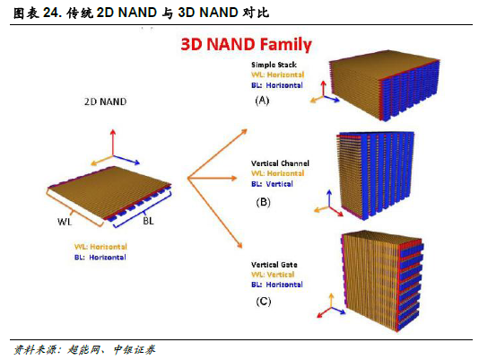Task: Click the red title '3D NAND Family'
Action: (246, 45)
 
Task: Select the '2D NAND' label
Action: (105, 101)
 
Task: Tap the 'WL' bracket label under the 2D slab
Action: (65, 222)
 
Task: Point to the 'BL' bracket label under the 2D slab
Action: (149, 221)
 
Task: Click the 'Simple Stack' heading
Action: (274, 65)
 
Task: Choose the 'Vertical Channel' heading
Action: (280, 163)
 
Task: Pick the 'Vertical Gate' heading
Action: (274, 265)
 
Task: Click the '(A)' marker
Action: (262, 101)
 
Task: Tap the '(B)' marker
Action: (263, 202)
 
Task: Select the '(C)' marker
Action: (264, 302)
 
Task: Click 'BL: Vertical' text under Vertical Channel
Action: (272, 184)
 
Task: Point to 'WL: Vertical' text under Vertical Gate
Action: (273, 275)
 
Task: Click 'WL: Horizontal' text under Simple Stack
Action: (278, 75)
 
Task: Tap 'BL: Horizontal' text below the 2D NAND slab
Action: (100, 258)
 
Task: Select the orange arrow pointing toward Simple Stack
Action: (217, 154)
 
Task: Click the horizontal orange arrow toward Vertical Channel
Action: (213, 178)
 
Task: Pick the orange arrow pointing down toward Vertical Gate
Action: (215, 213)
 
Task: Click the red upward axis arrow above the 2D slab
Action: (113, 143)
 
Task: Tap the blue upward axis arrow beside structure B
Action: (329, 198)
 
